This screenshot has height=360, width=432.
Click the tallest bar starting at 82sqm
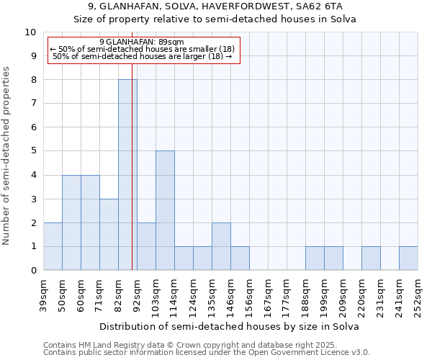coord(127,175)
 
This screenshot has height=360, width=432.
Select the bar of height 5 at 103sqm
coord(165,210)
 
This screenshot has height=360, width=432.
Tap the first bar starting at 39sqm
coord(53,246)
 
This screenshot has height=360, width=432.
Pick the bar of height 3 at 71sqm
coord(109,235)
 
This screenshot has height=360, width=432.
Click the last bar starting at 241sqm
coord(408,258)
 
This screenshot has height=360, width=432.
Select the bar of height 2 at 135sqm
coord(221,246)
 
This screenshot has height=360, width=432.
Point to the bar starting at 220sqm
coord(371,258)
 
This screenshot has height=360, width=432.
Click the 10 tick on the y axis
coord(31,32)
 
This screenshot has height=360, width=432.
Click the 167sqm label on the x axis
coord(268,295)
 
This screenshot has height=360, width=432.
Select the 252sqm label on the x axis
coord(418,295)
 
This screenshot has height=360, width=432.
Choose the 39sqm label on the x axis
coord(43,295)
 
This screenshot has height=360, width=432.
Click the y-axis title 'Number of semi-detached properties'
coord(7,156)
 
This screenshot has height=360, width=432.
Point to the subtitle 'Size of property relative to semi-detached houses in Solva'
coord(215,19)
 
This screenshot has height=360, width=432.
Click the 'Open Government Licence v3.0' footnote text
coord(311,353)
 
